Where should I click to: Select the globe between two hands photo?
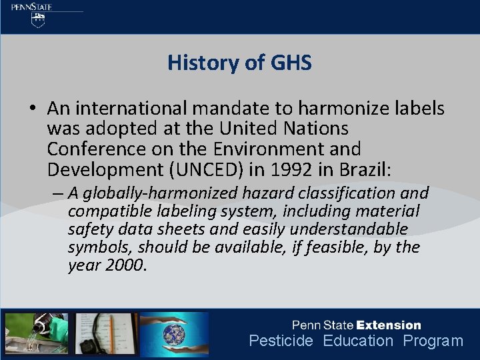(175, 334)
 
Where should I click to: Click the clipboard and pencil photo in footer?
(107, 334)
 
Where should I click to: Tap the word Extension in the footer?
(389, 325)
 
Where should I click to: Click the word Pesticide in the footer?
(281, 341)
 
